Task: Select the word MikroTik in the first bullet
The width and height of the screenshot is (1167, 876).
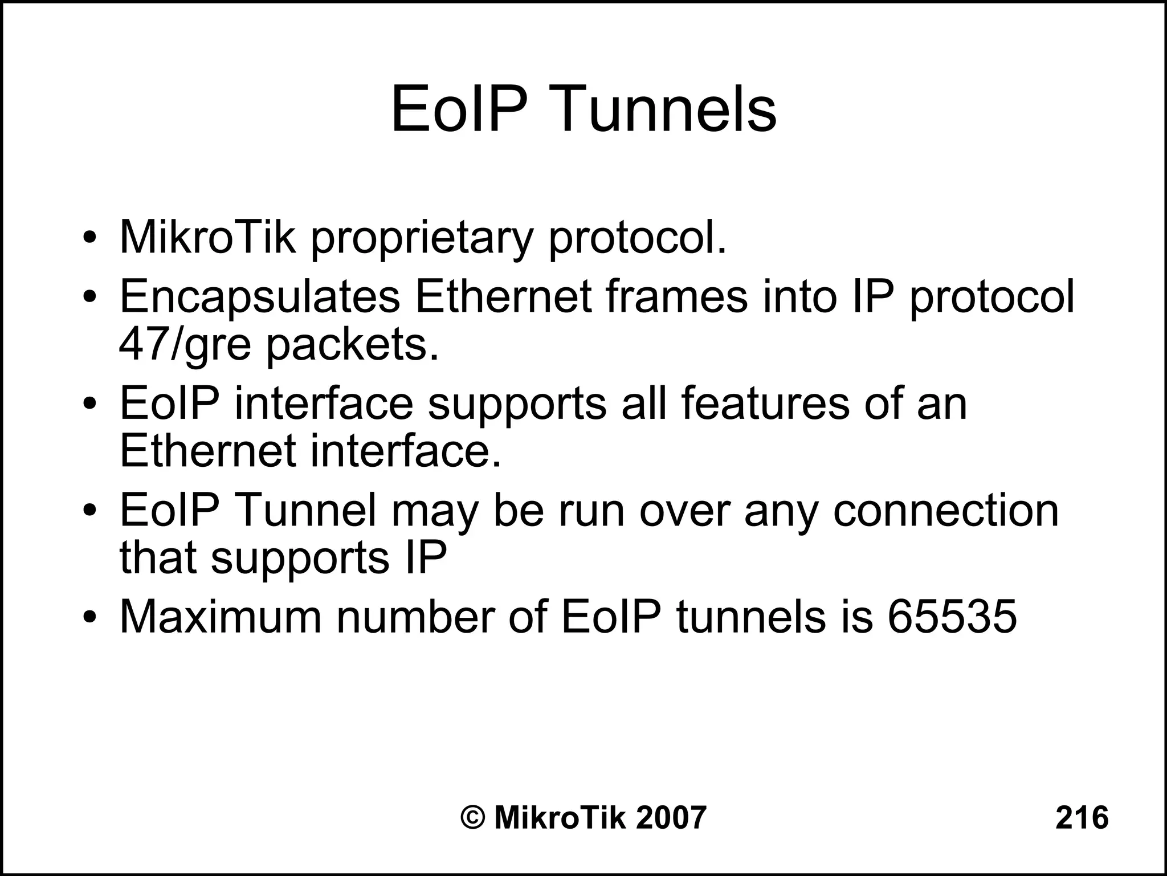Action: [207, 237]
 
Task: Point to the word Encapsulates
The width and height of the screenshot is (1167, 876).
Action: [260, 298]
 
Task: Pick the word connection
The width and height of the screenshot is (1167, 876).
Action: [946, 510]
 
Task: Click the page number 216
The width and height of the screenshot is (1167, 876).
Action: [1082, 817]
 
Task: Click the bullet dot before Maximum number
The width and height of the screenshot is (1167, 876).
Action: [89, 618]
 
